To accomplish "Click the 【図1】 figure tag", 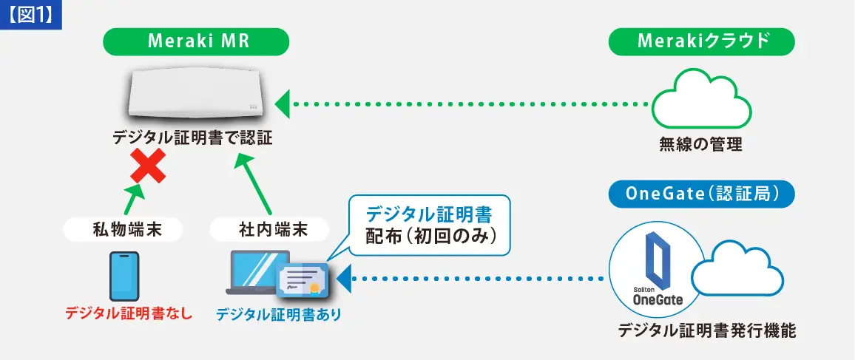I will click(x=31, y=15).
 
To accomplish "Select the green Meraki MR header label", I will click(x=197, y=41).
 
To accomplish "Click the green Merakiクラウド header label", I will click(x=701, y=41).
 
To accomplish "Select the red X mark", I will click(x=147, y=166).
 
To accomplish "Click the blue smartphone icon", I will click(x=124, y=276).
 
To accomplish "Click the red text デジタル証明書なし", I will click(x=128, y=314).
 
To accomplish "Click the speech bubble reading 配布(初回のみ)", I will click(x=429, y=225).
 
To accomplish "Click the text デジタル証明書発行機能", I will click(x=706, y=330).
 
